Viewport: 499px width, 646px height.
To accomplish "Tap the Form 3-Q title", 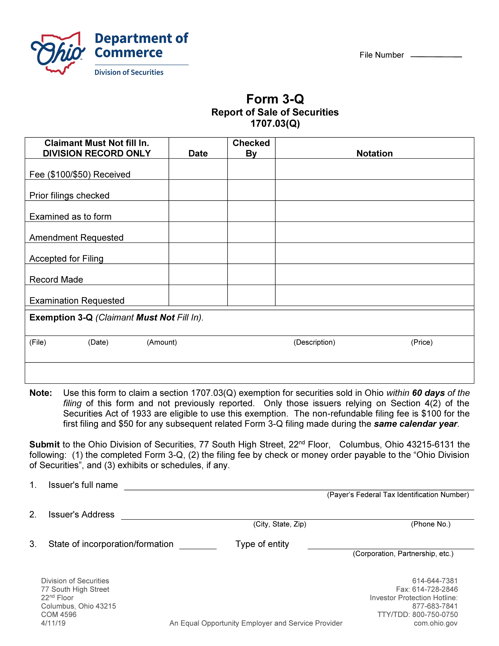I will tap(275, 99).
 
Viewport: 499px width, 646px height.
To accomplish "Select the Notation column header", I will tap(374, 153).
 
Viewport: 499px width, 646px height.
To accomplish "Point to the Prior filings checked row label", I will tap(70, 196).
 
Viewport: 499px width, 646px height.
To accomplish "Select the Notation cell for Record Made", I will tap(374, 274).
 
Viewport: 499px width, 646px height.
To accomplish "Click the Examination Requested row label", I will tap(77, 301).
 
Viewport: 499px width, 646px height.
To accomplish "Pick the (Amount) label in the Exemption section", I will tap(162, 342).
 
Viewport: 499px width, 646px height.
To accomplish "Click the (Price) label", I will tap(422, 342).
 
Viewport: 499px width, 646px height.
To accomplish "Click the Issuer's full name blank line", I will tap(299, 487).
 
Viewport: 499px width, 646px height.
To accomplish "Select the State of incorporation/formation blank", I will tap(198, 546).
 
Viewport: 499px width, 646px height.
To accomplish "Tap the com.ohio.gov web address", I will tap(435, 623).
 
